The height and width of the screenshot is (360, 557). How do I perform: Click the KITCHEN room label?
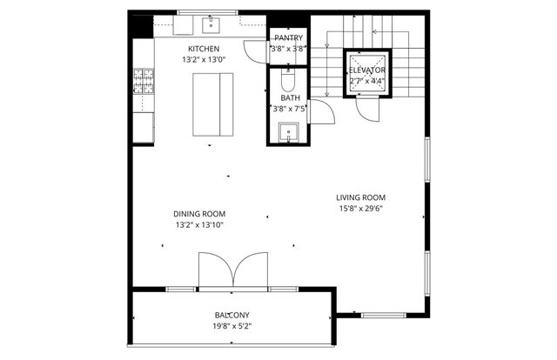pos(204,49)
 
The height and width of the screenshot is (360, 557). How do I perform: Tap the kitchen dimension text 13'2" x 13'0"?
pos(204,60)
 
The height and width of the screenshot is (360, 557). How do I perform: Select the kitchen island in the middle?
pos(212,103)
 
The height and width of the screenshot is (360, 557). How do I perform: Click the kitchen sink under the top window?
pos(211,23)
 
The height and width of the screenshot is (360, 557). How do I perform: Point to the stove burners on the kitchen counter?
pos(142,83)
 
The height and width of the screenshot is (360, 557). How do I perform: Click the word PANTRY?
pos(288,38)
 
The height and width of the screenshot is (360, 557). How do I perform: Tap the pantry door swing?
pos(254,49)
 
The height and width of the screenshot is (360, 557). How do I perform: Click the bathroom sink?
pos(290,132)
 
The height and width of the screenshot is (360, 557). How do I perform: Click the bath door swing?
pos(319,110)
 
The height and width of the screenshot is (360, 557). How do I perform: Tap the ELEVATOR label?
pos(367,70)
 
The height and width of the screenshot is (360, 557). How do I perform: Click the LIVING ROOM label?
pos(361,197)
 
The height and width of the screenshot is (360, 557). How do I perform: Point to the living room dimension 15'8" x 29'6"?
pos(361,209)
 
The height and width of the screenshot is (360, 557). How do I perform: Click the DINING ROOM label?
pos(199,214)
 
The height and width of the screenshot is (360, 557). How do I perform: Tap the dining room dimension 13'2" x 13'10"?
pos(199,225)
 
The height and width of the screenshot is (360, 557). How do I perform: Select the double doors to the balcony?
pos(232,270)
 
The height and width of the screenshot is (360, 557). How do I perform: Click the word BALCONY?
pos(232,315)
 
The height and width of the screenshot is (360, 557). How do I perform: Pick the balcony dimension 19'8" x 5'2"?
pos(232,326)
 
